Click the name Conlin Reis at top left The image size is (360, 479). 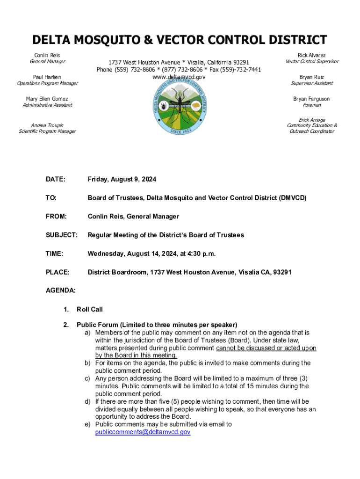click(x=47, y=55)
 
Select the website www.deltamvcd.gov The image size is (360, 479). click(x=179, y=77)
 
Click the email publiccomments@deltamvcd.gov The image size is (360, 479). click(x=143, y=432)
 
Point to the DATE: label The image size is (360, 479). click(x=56, y=179)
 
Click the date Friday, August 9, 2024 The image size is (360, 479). click(x=122, y=179)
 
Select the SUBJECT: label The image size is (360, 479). click(x=61, y=235)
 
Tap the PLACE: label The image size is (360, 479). click(x=58, y=272)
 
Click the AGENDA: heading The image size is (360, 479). click(x=60, y=290)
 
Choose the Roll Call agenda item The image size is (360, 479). click(x=90, y=309)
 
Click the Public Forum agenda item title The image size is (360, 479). click(x=157, y=325)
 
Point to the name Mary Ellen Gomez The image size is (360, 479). click(x=47, y=99)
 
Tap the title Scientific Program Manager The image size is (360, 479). click(x=47, y=131)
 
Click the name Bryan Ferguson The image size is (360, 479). click(x=311, y=99)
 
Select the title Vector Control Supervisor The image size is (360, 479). click(x=312, y=62)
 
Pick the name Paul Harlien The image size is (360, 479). click(x=47, y=77)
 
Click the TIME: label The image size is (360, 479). click(x=54, y=253)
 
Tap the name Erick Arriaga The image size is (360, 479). click(x=312, y=120)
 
